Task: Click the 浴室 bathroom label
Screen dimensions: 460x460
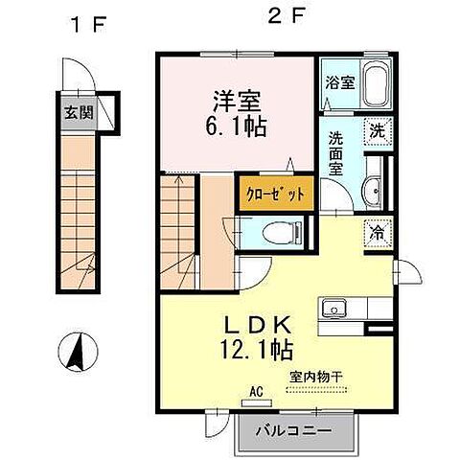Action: pos(341,82)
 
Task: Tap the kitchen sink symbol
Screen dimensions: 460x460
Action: pos(336,309)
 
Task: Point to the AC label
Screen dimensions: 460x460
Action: pos(256,391)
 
